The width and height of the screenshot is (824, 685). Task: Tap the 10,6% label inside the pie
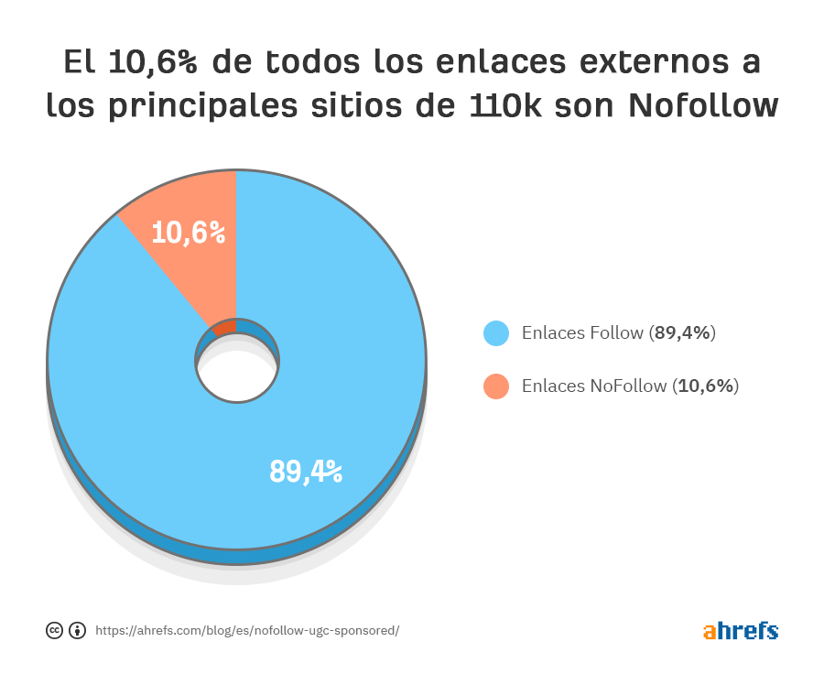click(189, 233)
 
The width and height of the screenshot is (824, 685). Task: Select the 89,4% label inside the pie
click(306, 471)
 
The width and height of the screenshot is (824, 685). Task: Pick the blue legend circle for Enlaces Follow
click(496, 333)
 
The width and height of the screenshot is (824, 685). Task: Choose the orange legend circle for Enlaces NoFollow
click(496, 386)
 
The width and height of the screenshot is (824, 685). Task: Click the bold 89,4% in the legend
click(682, 333)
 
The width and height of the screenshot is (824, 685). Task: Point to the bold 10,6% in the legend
click(705, 386)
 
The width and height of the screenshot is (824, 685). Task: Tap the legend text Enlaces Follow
click(582, 333)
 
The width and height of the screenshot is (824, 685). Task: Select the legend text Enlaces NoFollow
click(594, 386)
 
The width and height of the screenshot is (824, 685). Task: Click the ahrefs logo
click(741, 631)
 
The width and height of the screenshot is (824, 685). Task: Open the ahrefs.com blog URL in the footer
click(247, 631)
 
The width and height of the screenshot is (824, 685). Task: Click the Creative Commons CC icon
click(54, 630)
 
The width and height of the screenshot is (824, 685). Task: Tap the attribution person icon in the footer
click(77, 630)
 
